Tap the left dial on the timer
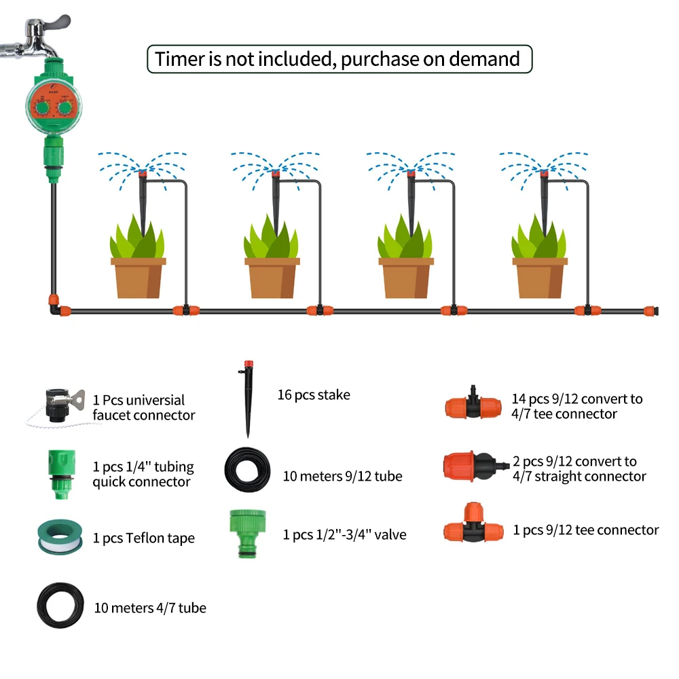[42, 108]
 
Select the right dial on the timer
[65, 107]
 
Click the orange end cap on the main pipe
[650, 311]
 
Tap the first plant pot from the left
[138, 278]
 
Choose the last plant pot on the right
[540, 278]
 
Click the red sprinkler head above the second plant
[276, 174]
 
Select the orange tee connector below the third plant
[454, 310]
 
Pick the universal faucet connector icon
[60, 405]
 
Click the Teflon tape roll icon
[60, 537]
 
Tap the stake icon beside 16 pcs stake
[248, 399]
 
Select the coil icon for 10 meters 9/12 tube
[247, 470]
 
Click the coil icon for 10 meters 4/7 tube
[60, 606]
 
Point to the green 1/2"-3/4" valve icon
[248, 533]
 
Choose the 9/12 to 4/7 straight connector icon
[475, 467]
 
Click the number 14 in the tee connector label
[519, 399]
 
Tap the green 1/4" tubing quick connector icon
[62, 474]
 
